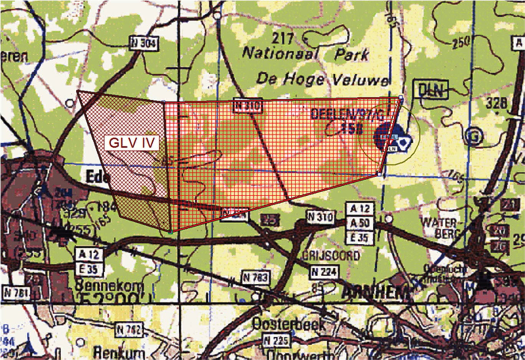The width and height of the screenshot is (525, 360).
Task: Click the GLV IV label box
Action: pos(132,143)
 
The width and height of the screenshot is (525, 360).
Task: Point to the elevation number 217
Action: pos(283,38)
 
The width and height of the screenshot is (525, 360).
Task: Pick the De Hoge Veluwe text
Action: pos(322,79)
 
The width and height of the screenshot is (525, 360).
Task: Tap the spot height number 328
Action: pos(496,103)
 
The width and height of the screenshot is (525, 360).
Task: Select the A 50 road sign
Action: pos(360,223)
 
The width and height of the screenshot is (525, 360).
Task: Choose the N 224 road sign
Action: pos(324,272)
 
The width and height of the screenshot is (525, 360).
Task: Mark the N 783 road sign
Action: pos(256,277)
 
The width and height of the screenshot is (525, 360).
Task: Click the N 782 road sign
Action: pos(129,329)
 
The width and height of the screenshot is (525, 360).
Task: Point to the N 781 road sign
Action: pos(15,293)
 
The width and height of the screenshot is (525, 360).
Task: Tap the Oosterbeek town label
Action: pos(288,325)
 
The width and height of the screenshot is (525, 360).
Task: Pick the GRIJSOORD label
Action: pos(330,255)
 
